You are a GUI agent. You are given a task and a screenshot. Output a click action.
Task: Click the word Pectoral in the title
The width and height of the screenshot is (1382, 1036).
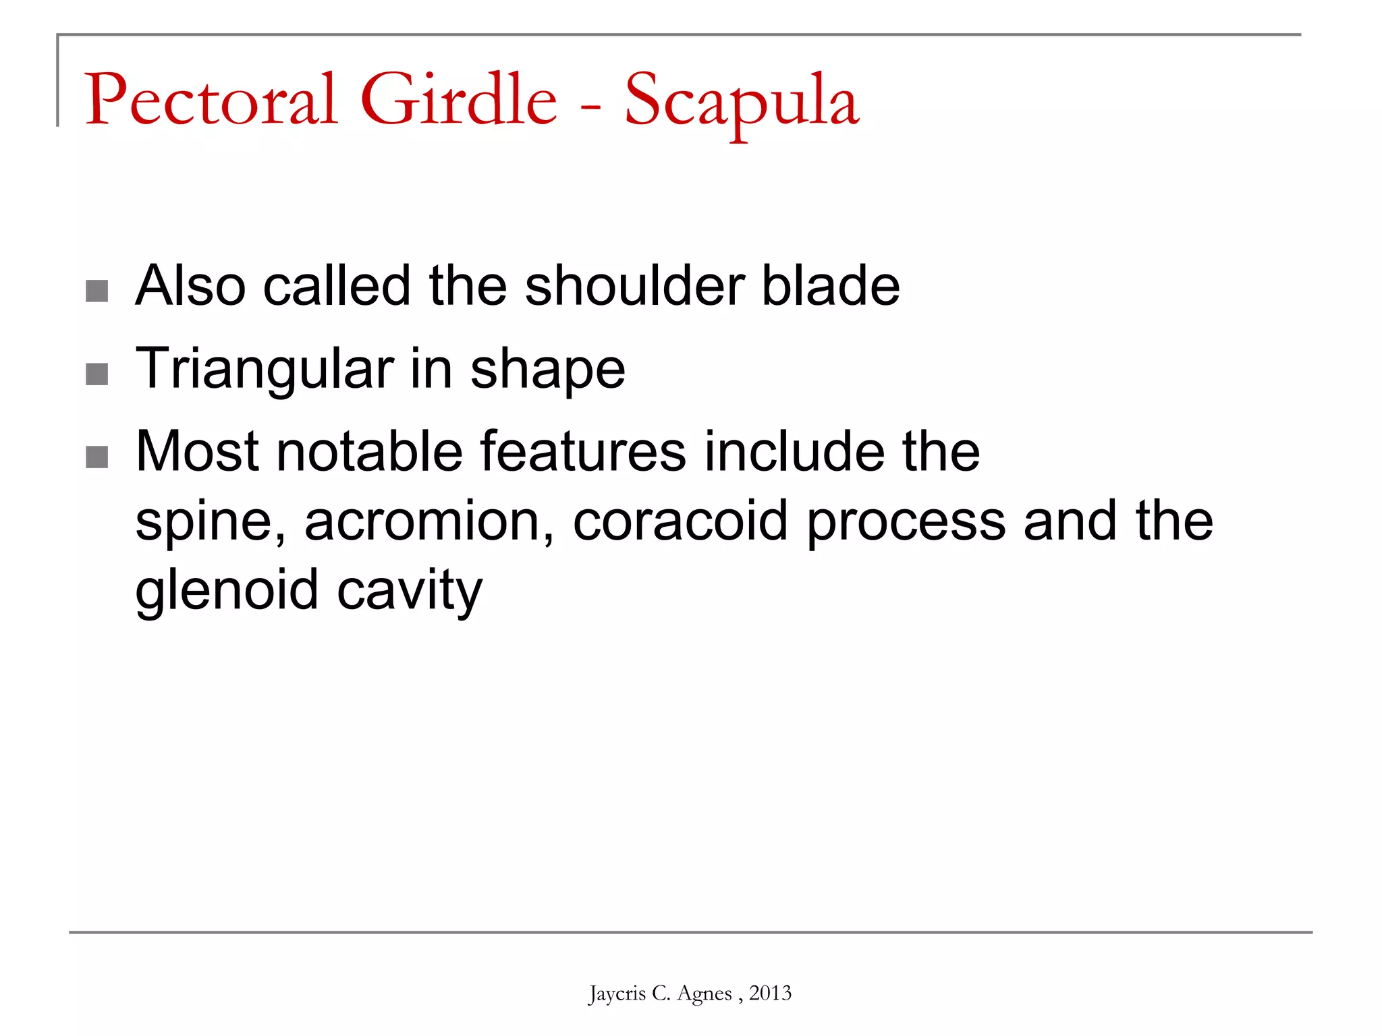coord(211,100)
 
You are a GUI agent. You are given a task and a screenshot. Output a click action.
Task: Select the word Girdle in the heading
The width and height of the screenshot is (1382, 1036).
coord(459,100)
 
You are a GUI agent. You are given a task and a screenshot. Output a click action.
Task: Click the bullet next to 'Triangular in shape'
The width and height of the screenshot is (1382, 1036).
coord(97,374)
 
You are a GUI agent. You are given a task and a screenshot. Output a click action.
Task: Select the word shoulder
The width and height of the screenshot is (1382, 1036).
coord(634,285)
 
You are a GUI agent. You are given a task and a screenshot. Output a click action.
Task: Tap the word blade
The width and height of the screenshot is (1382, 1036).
coord(831,285)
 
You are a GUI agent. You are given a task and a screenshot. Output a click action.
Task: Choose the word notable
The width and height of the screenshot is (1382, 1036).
coord(368,451)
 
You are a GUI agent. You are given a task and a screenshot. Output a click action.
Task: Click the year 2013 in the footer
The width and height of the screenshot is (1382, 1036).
coord(770,993)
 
